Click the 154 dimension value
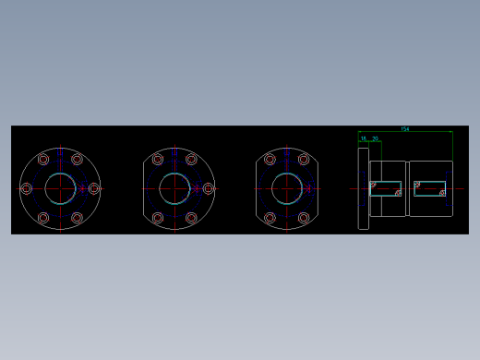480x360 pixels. click(404, 128)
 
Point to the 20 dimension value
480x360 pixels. click(376, 138)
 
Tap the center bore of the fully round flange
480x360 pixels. click(61, 188)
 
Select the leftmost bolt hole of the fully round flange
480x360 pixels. click(26, 188)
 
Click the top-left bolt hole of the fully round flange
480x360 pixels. click(44, 159)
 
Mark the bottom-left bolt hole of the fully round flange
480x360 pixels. click(44, 218)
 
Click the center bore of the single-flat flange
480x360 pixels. click(174, 188)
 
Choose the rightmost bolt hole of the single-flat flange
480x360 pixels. click(209, 188)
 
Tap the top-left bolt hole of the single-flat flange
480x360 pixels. click(158, 159)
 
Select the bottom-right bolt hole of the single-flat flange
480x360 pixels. click(191, 218)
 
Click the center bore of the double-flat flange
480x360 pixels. click(286, 188)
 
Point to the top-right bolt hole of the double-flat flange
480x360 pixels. click(304, 159)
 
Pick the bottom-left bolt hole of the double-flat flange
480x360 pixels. click(270, 218)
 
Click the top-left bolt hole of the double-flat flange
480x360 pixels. click(270, 159)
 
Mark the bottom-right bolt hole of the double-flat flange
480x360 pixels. click(304, 218)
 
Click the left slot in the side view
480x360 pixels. click(386, 188)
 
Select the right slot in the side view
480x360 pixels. click(430, 188)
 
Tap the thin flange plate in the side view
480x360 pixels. click(364, 188)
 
